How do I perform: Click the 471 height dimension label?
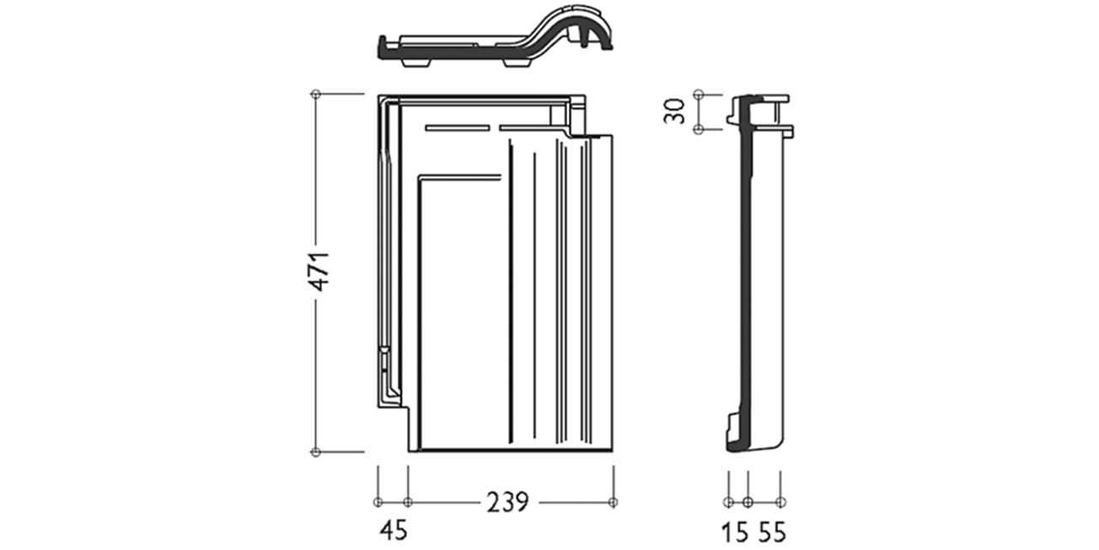pos(321,272)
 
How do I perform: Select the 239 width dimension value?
pos(508,502)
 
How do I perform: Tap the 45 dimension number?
pos(394,531)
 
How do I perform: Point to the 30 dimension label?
pos(674,111)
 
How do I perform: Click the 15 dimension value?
pos(735,533)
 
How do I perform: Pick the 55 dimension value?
pos(773,533)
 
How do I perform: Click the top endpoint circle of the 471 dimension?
pos(316,94)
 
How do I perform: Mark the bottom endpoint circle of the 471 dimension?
pos(316,452)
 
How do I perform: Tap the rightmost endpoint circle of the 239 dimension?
pos(613,502)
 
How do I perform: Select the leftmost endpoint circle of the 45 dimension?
pos(378,502)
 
